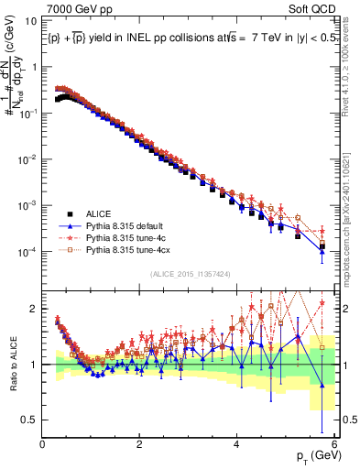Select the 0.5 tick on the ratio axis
pos(33,420)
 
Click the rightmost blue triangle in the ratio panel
pos(322,385)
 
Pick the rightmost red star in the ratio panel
pos(322,303)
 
